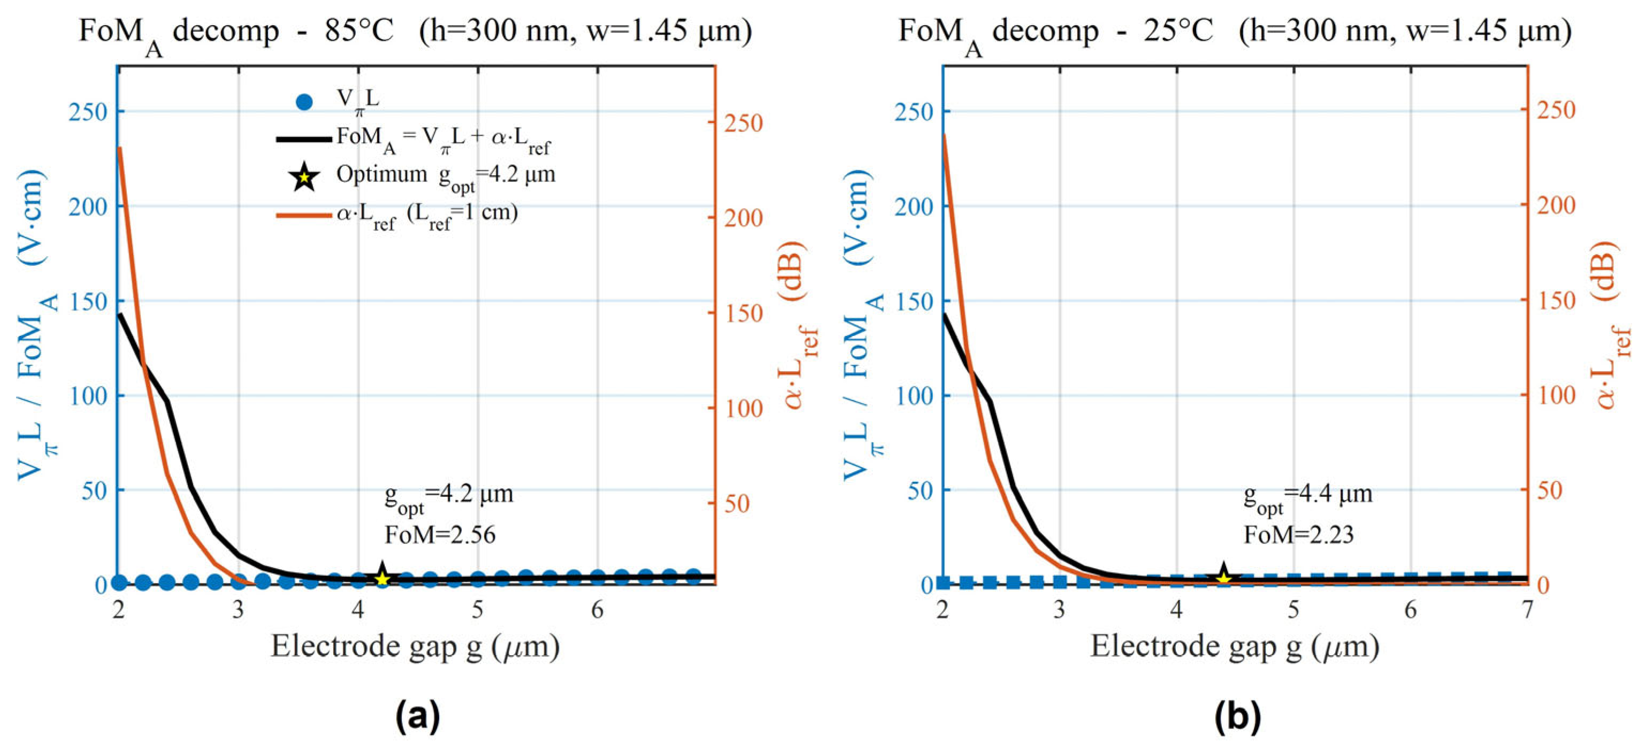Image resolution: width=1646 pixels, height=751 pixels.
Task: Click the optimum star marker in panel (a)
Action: [382, 577]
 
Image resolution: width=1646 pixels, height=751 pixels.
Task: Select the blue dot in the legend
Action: [305, 102]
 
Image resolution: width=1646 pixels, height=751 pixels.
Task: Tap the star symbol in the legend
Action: [305, 177]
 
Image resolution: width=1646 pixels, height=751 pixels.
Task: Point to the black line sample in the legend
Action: [303, 139]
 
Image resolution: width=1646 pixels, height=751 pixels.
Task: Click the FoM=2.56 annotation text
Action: [440, 534]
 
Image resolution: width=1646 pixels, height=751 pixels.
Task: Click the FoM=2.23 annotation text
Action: [1298, 534]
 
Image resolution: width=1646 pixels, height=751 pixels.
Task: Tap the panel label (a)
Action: [418, 716]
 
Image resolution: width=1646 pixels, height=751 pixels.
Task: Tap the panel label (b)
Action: [1238, 716]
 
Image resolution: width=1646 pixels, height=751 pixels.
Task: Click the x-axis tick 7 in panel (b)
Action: [1527, 610]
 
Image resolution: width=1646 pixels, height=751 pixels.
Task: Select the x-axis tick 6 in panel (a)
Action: [598, 610]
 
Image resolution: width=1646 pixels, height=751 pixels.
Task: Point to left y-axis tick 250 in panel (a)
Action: [88, 112]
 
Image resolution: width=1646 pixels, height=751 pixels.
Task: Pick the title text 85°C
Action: [359, 30]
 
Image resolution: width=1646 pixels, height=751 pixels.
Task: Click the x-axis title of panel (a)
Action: [415, 646]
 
